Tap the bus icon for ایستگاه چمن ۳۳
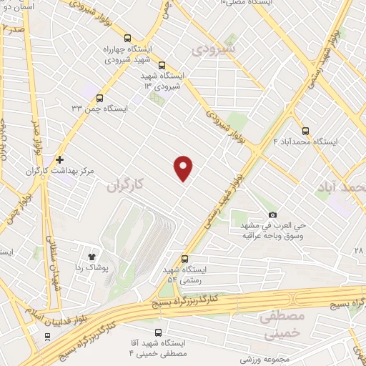coord(99,98)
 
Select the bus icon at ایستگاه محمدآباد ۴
coord(306,131)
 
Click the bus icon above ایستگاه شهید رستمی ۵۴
coord(185,259)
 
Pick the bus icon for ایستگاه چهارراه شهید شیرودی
coord(128,39)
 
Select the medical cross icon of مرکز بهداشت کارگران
coord(60,159)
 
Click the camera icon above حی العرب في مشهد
coord(272,215)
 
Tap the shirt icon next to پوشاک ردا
coord(91,255)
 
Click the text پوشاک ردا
coord(90,267)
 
